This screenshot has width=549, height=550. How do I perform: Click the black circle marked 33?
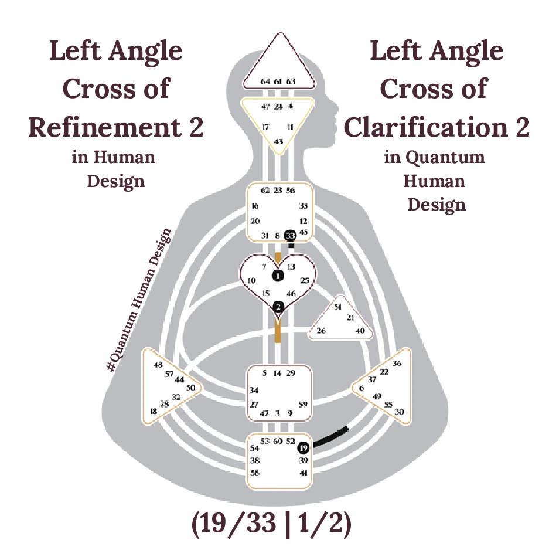pos(289,235)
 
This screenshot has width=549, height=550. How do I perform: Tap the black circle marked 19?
pos(303,449)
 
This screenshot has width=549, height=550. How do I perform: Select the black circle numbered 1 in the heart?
pos(278,275)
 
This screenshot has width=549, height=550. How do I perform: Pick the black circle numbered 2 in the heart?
pos(278,307)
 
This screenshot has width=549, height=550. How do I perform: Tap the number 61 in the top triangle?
pos(278,82)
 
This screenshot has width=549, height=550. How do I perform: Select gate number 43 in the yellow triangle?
pos(278,141)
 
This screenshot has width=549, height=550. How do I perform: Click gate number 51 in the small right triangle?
pos(337,307)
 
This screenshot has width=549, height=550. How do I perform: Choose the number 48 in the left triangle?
pos(158,365)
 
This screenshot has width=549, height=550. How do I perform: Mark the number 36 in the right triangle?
pos(397,364)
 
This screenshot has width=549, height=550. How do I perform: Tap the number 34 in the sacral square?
pos(254,390)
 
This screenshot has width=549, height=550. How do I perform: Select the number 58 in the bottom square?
pos(255,472)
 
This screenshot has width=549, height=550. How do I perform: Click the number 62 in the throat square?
pos(265,190)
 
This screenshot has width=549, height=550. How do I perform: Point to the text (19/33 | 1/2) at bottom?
pos(271,526)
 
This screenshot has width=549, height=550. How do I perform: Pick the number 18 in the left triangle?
pos(154,412)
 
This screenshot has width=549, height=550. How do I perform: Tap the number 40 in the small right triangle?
pos(360,331)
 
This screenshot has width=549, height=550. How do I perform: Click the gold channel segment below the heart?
pos(278,331)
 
